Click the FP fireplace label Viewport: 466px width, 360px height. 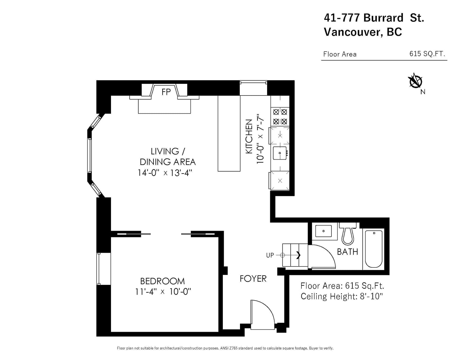pyautogui.click(x=166, y=92)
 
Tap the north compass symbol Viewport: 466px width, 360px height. pyautogui.click(x=415, y=81)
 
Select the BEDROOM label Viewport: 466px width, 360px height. pyautogui.click(x=162, y=281)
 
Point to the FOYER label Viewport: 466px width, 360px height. pyautogui.click(x=253, y=279)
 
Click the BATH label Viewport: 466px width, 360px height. pyautogui.click(x=347, y=252)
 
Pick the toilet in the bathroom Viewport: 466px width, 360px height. pyautogui.click(x=348, y=234)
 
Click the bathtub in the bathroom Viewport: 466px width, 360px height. pyautogui.click(x=374, y=249)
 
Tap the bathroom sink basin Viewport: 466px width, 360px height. pyautogui.click(x=323, y=231)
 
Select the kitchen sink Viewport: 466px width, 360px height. pyautogui.click(x=280, y=153)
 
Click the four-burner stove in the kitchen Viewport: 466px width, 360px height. pyautogui.click(x=280, y=117)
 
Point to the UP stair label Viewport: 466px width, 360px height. pyautogui.click(x=270, y=255)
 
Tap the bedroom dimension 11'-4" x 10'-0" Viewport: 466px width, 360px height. pyautogui.click(x=163, y=292)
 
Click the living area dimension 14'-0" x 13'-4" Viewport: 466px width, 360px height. pyautogui.click(x=165, y=173)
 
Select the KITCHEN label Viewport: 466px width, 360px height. pyautogui.click(x=249, y=136)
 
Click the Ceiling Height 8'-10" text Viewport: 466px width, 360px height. pyautogui.click(x=342, y=296)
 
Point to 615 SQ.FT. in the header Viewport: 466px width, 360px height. pyautogui.click(x=427, y=54)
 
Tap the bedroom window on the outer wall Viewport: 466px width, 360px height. pyautogui.click(x=99, y=269)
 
